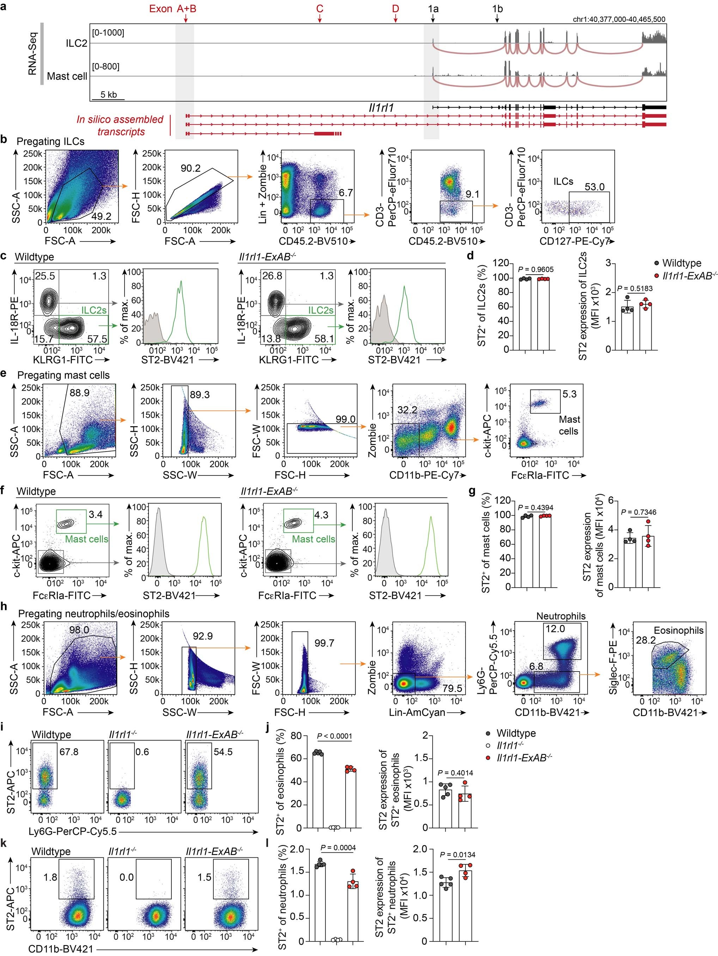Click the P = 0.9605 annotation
click(536, 269)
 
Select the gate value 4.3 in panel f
click(321, 515)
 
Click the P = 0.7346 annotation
click(638, 512)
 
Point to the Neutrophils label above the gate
click(561, 616)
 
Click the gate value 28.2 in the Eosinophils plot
click(645, 640)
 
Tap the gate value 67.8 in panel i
click(69, 752)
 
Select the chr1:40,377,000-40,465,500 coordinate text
click(619, 19)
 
